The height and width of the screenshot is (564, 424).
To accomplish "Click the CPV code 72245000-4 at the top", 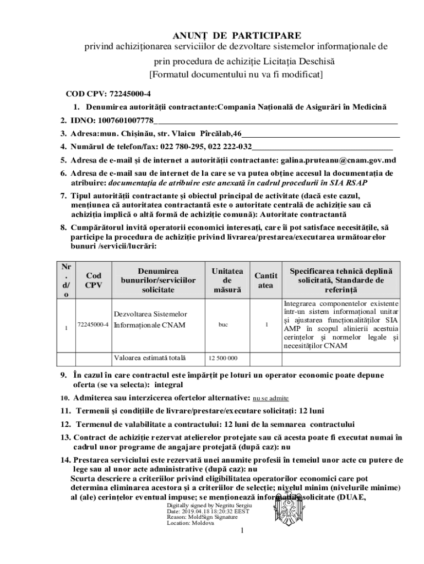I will point(130,93).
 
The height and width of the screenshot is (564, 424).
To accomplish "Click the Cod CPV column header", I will point(94,280).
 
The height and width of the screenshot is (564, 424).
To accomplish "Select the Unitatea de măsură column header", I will point(227,280).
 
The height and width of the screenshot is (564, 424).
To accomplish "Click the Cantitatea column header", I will point(265,280).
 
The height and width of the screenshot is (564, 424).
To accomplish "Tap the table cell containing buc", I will point(223,325).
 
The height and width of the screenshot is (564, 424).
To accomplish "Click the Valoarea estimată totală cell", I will point(150,357).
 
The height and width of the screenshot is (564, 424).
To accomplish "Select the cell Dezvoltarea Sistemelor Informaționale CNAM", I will point(150,319).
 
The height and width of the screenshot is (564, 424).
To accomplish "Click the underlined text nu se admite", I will point(270,398).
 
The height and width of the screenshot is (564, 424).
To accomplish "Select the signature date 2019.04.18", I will point(195,512).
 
